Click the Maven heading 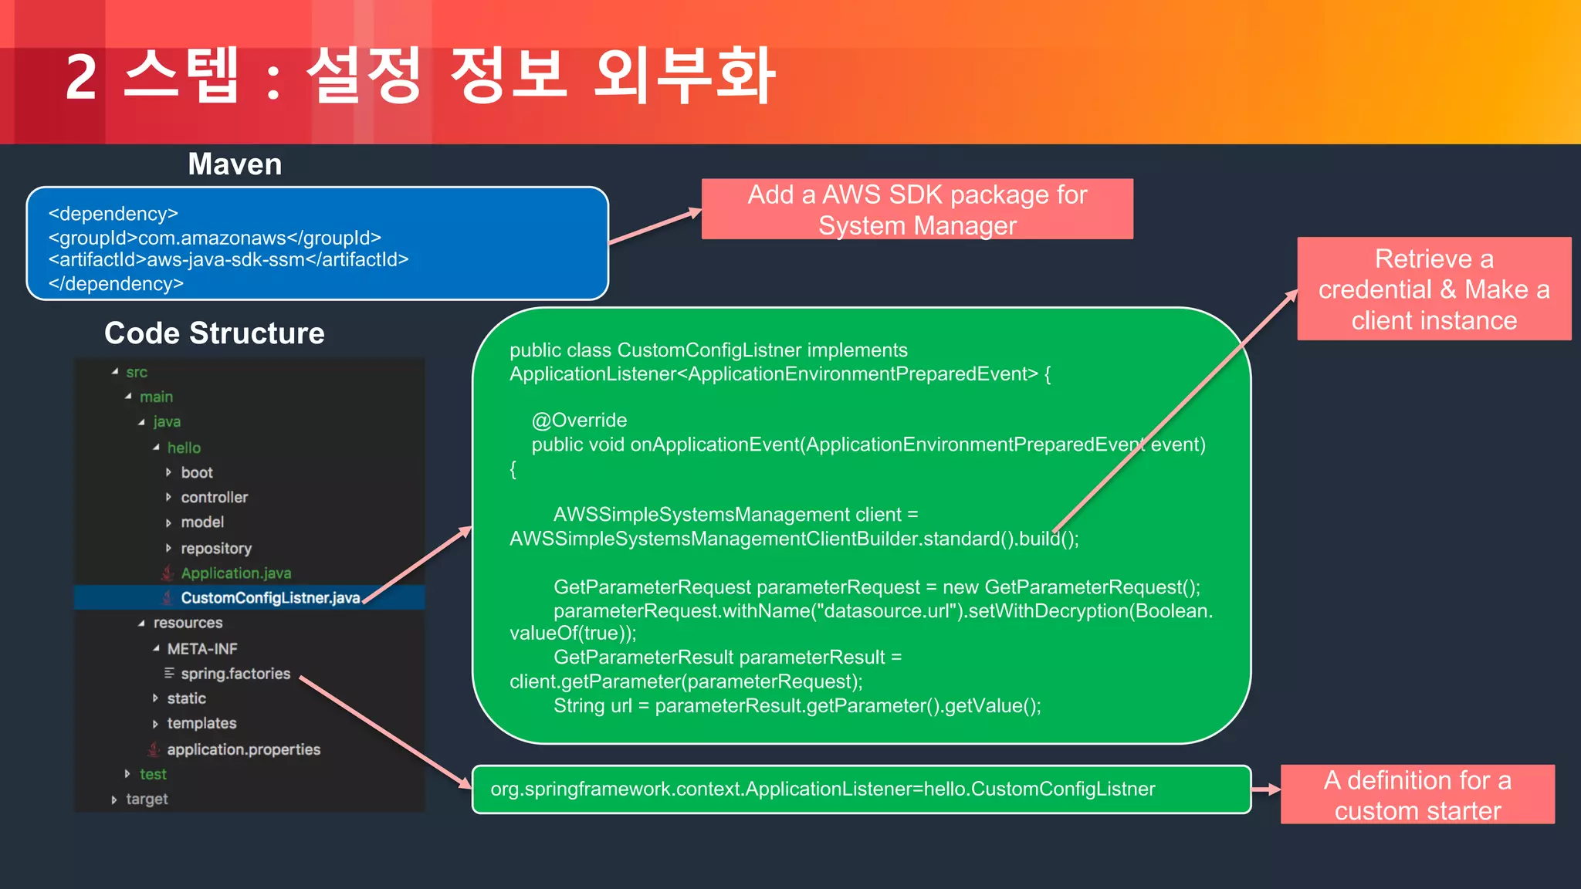pyautogui.click(x=235, y=164)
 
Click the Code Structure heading pyautogui.click(x=215, y=333)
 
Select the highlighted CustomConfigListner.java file pyautogui.click(x=269, y=598)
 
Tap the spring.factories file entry pyautogui.click(x=235, y=674)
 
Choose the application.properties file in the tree pyautogui.click(x=243, y=749)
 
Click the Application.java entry pyautogui.click(x=235, y=573)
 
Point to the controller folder pyautogui.click(x=214, y=498)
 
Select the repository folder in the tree pyautogui.click(x=216, y=549)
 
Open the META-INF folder pyautogui.click(x=202, y=649)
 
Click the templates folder pyautogui.click(x=201, y=724)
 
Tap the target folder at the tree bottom pyautogui.click(x=147, y=799)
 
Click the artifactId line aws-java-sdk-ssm pyautogui.click(x=229, y=260)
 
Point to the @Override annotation pyautogui.click(x=579, y=421)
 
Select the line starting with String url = pyautogui.click(x=797, y=706)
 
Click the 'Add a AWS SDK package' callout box pyautogui.click(x=917, y=209)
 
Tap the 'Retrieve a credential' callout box pyautogui.click(x=1434, y=289)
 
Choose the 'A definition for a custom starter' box pyautogui.click(x=1417, y=795)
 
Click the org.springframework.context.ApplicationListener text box pyautogui.click(x=823, y=789)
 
